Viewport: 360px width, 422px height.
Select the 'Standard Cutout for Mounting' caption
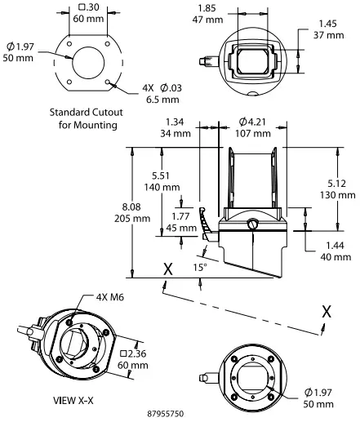[84, 119]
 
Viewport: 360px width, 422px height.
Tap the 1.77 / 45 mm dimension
[184, 223]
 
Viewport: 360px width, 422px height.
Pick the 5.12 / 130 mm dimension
[341, 189]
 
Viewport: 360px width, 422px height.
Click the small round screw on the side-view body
[252, 224]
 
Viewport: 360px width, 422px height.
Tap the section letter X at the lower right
[327, 312]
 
